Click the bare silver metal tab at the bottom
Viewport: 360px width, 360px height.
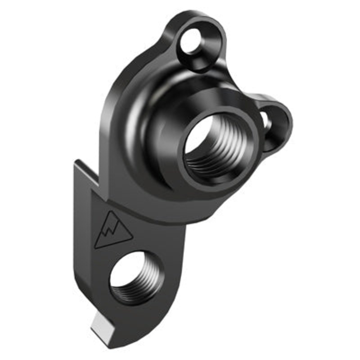pyautogui.click(x=104, y=324)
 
